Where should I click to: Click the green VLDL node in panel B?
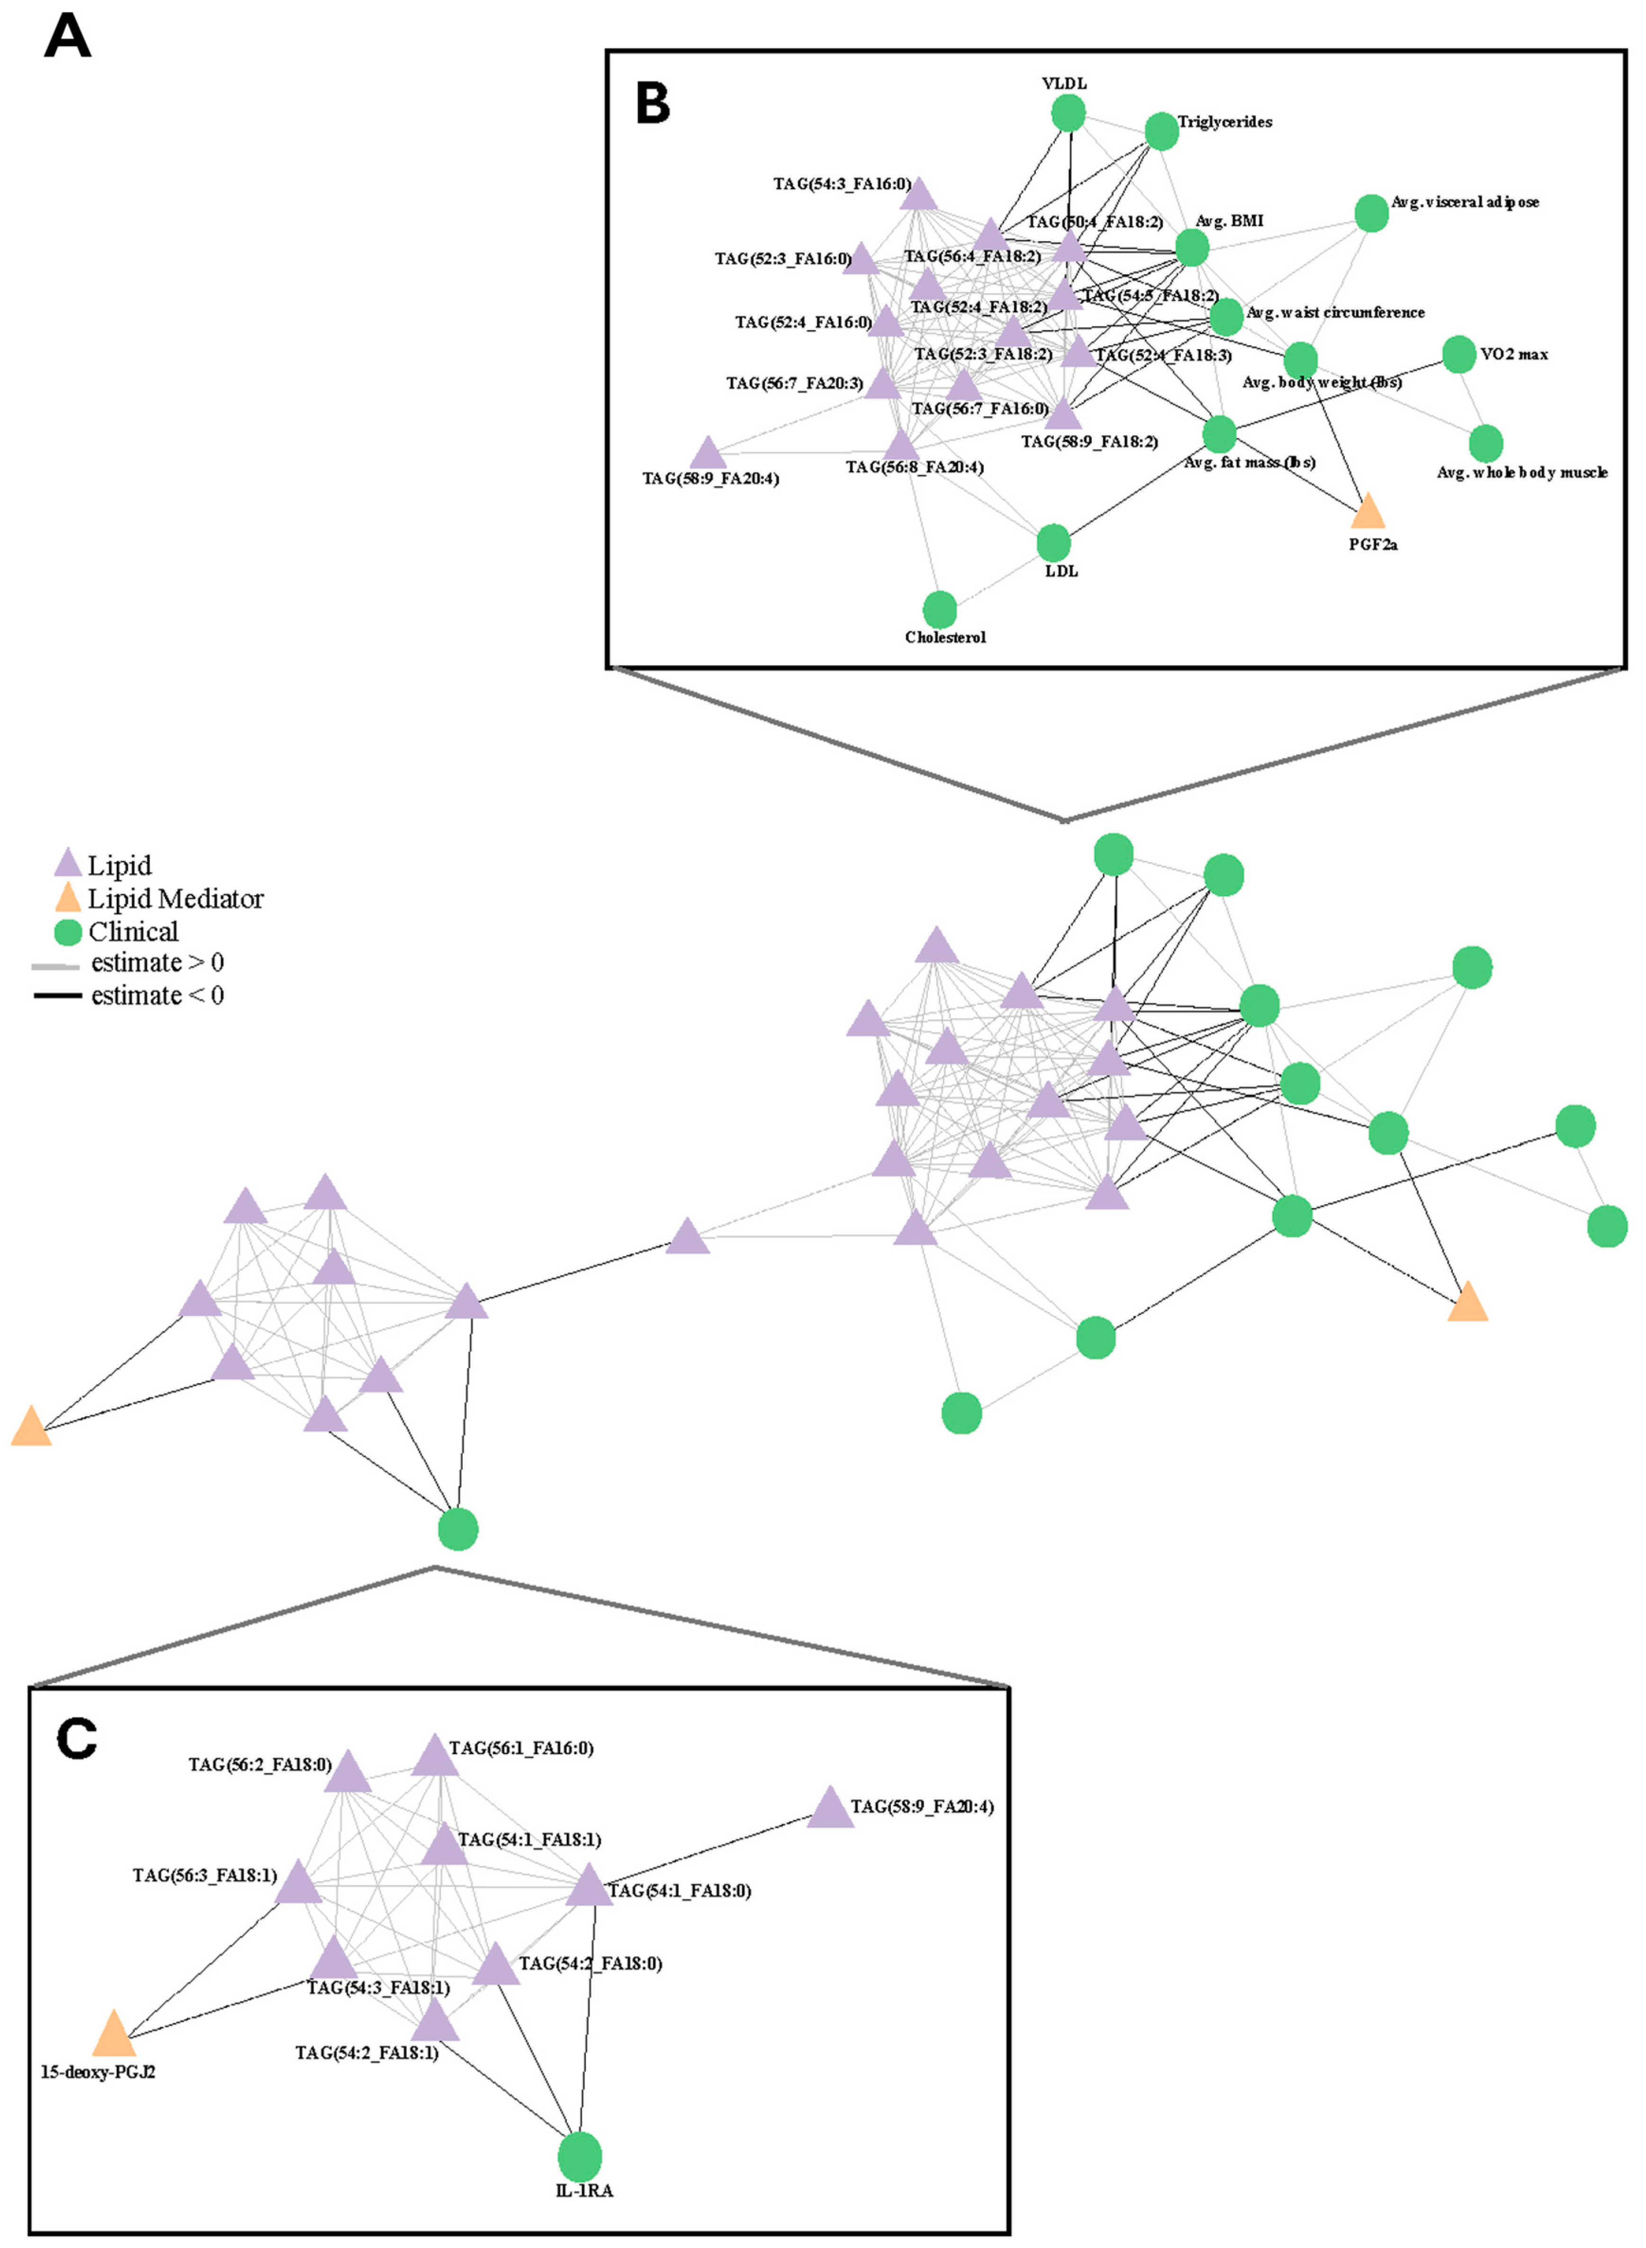1068,114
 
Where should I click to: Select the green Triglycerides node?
1162,131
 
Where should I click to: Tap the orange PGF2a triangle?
1368,511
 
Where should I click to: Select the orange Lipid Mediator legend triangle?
67,898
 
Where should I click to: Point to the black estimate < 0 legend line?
57,996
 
